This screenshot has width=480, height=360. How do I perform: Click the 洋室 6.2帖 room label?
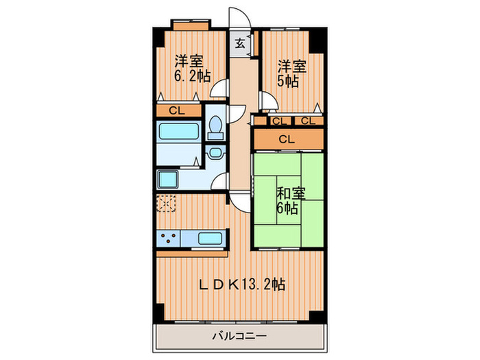[192, 68]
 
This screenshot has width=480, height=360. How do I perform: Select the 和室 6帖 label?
[289, 200]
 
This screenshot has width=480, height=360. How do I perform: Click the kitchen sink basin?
[209, 239]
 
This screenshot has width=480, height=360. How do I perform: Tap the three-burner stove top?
[169, 239]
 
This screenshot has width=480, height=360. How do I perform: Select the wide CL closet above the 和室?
[287, 139]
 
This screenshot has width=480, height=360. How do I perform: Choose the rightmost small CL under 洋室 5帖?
[308, 121]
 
